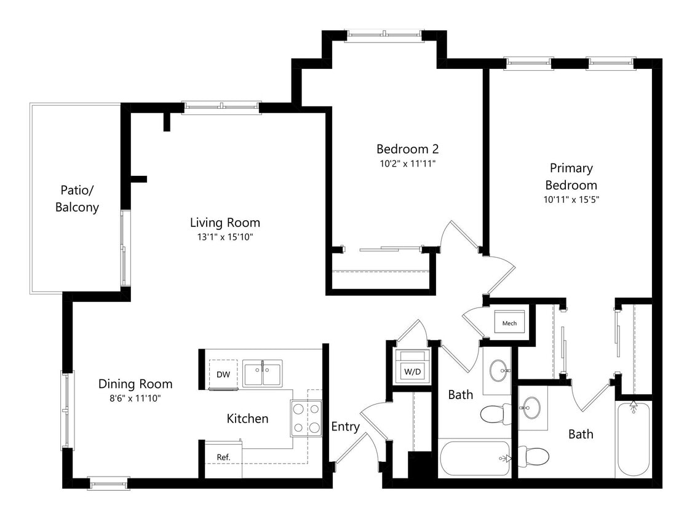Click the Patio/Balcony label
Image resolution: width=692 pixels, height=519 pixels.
pos(77,198)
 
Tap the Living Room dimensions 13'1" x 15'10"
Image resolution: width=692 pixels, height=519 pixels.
pos(225,237)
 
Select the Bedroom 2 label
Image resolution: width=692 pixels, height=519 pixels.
pos(407,149)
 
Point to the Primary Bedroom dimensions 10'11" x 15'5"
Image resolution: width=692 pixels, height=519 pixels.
pos(571,199)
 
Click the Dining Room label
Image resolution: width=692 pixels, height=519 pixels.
pos(135,384)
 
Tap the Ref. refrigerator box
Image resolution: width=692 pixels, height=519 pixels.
pos(223,458)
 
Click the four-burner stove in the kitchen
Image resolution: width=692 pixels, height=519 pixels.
pos(306,418)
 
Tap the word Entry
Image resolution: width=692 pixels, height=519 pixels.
pos(345,427)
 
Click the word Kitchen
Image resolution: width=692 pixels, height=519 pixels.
pos(247,419)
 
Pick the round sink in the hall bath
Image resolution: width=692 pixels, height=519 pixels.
pos(498,370)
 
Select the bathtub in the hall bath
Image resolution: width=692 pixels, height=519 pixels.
pos(475,458)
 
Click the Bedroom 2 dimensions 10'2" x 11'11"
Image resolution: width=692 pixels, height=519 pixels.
pos(407,164)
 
